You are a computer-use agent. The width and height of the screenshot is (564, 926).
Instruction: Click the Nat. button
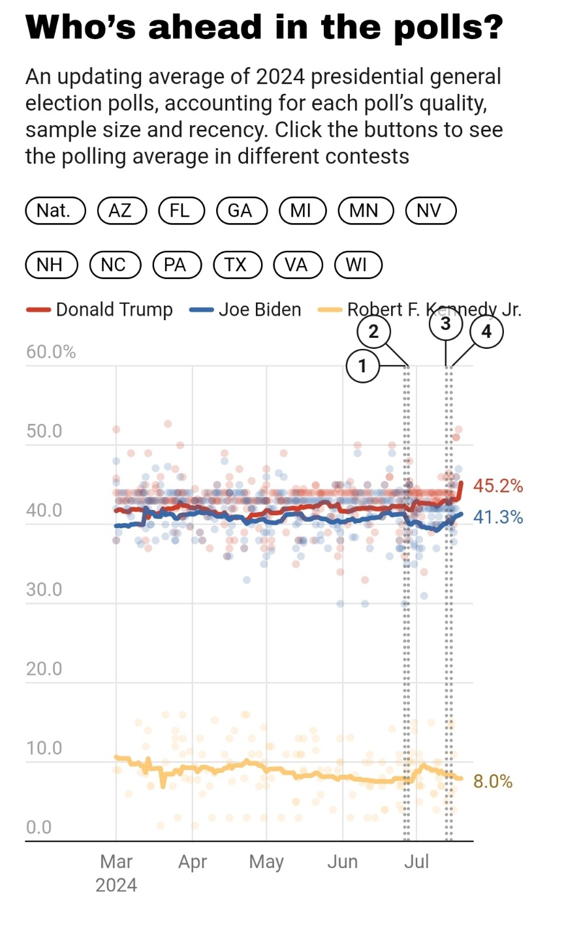tap(55, 211)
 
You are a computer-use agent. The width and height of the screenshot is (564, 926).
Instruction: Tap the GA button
tap(240, 211)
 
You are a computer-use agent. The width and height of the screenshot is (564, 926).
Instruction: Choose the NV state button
tap(429, 211)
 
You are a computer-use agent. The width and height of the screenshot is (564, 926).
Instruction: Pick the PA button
tap(175, 265)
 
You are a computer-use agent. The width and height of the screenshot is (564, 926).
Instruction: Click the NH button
tap(50, 265)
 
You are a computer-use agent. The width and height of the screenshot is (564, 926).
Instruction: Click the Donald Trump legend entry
tap(100, 310)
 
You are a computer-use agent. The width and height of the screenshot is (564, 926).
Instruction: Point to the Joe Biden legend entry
tap(246, 310)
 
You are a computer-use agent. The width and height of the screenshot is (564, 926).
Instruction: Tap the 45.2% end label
tap(498, 486)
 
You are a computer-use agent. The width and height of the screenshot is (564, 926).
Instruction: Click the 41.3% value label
tap(498, 517)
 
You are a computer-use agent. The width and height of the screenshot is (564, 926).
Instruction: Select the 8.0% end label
tap(493, 781)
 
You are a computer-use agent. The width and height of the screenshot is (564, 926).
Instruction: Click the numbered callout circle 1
tap(362, 366)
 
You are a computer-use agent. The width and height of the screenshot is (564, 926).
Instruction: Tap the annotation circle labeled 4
tap(486, 332)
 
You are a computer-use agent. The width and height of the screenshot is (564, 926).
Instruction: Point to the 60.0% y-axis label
tap(51, 352)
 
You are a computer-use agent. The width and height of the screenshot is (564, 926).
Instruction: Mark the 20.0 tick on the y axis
tap(44, 668)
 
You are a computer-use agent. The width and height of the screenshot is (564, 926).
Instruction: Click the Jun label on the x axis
tap(343, 861)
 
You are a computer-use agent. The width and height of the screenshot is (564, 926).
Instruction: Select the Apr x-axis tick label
tap(193, 861)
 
